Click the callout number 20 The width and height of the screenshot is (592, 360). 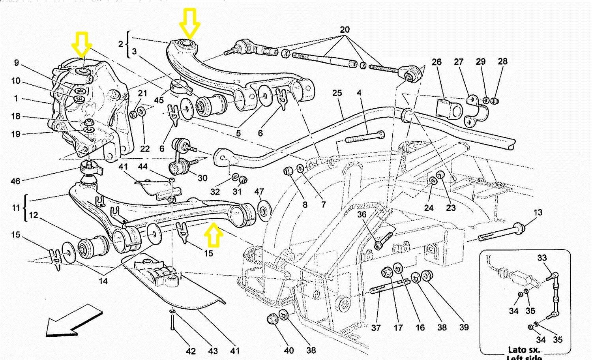point(345,30)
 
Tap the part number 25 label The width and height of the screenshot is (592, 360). point(337,93)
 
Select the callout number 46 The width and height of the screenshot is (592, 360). point(15,181)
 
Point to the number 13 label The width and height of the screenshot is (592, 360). point(538,212)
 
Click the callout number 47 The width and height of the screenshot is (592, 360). point(259,192)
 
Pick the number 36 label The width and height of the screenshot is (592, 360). point(362,214)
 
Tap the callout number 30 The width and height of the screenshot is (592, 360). point(202,178)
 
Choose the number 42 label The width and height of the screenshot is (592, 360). point(191,351)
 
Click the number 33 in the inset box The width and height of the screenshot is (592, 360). point(542,258)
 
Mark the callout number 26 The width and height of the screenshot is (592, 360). point(437,62)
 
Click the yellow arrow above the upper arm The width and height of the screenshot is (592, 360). point(189,23)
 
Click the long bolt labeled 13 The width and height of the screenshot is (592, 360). point(501,232)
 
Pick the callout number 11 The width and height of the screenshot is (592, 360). point(16,207)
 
